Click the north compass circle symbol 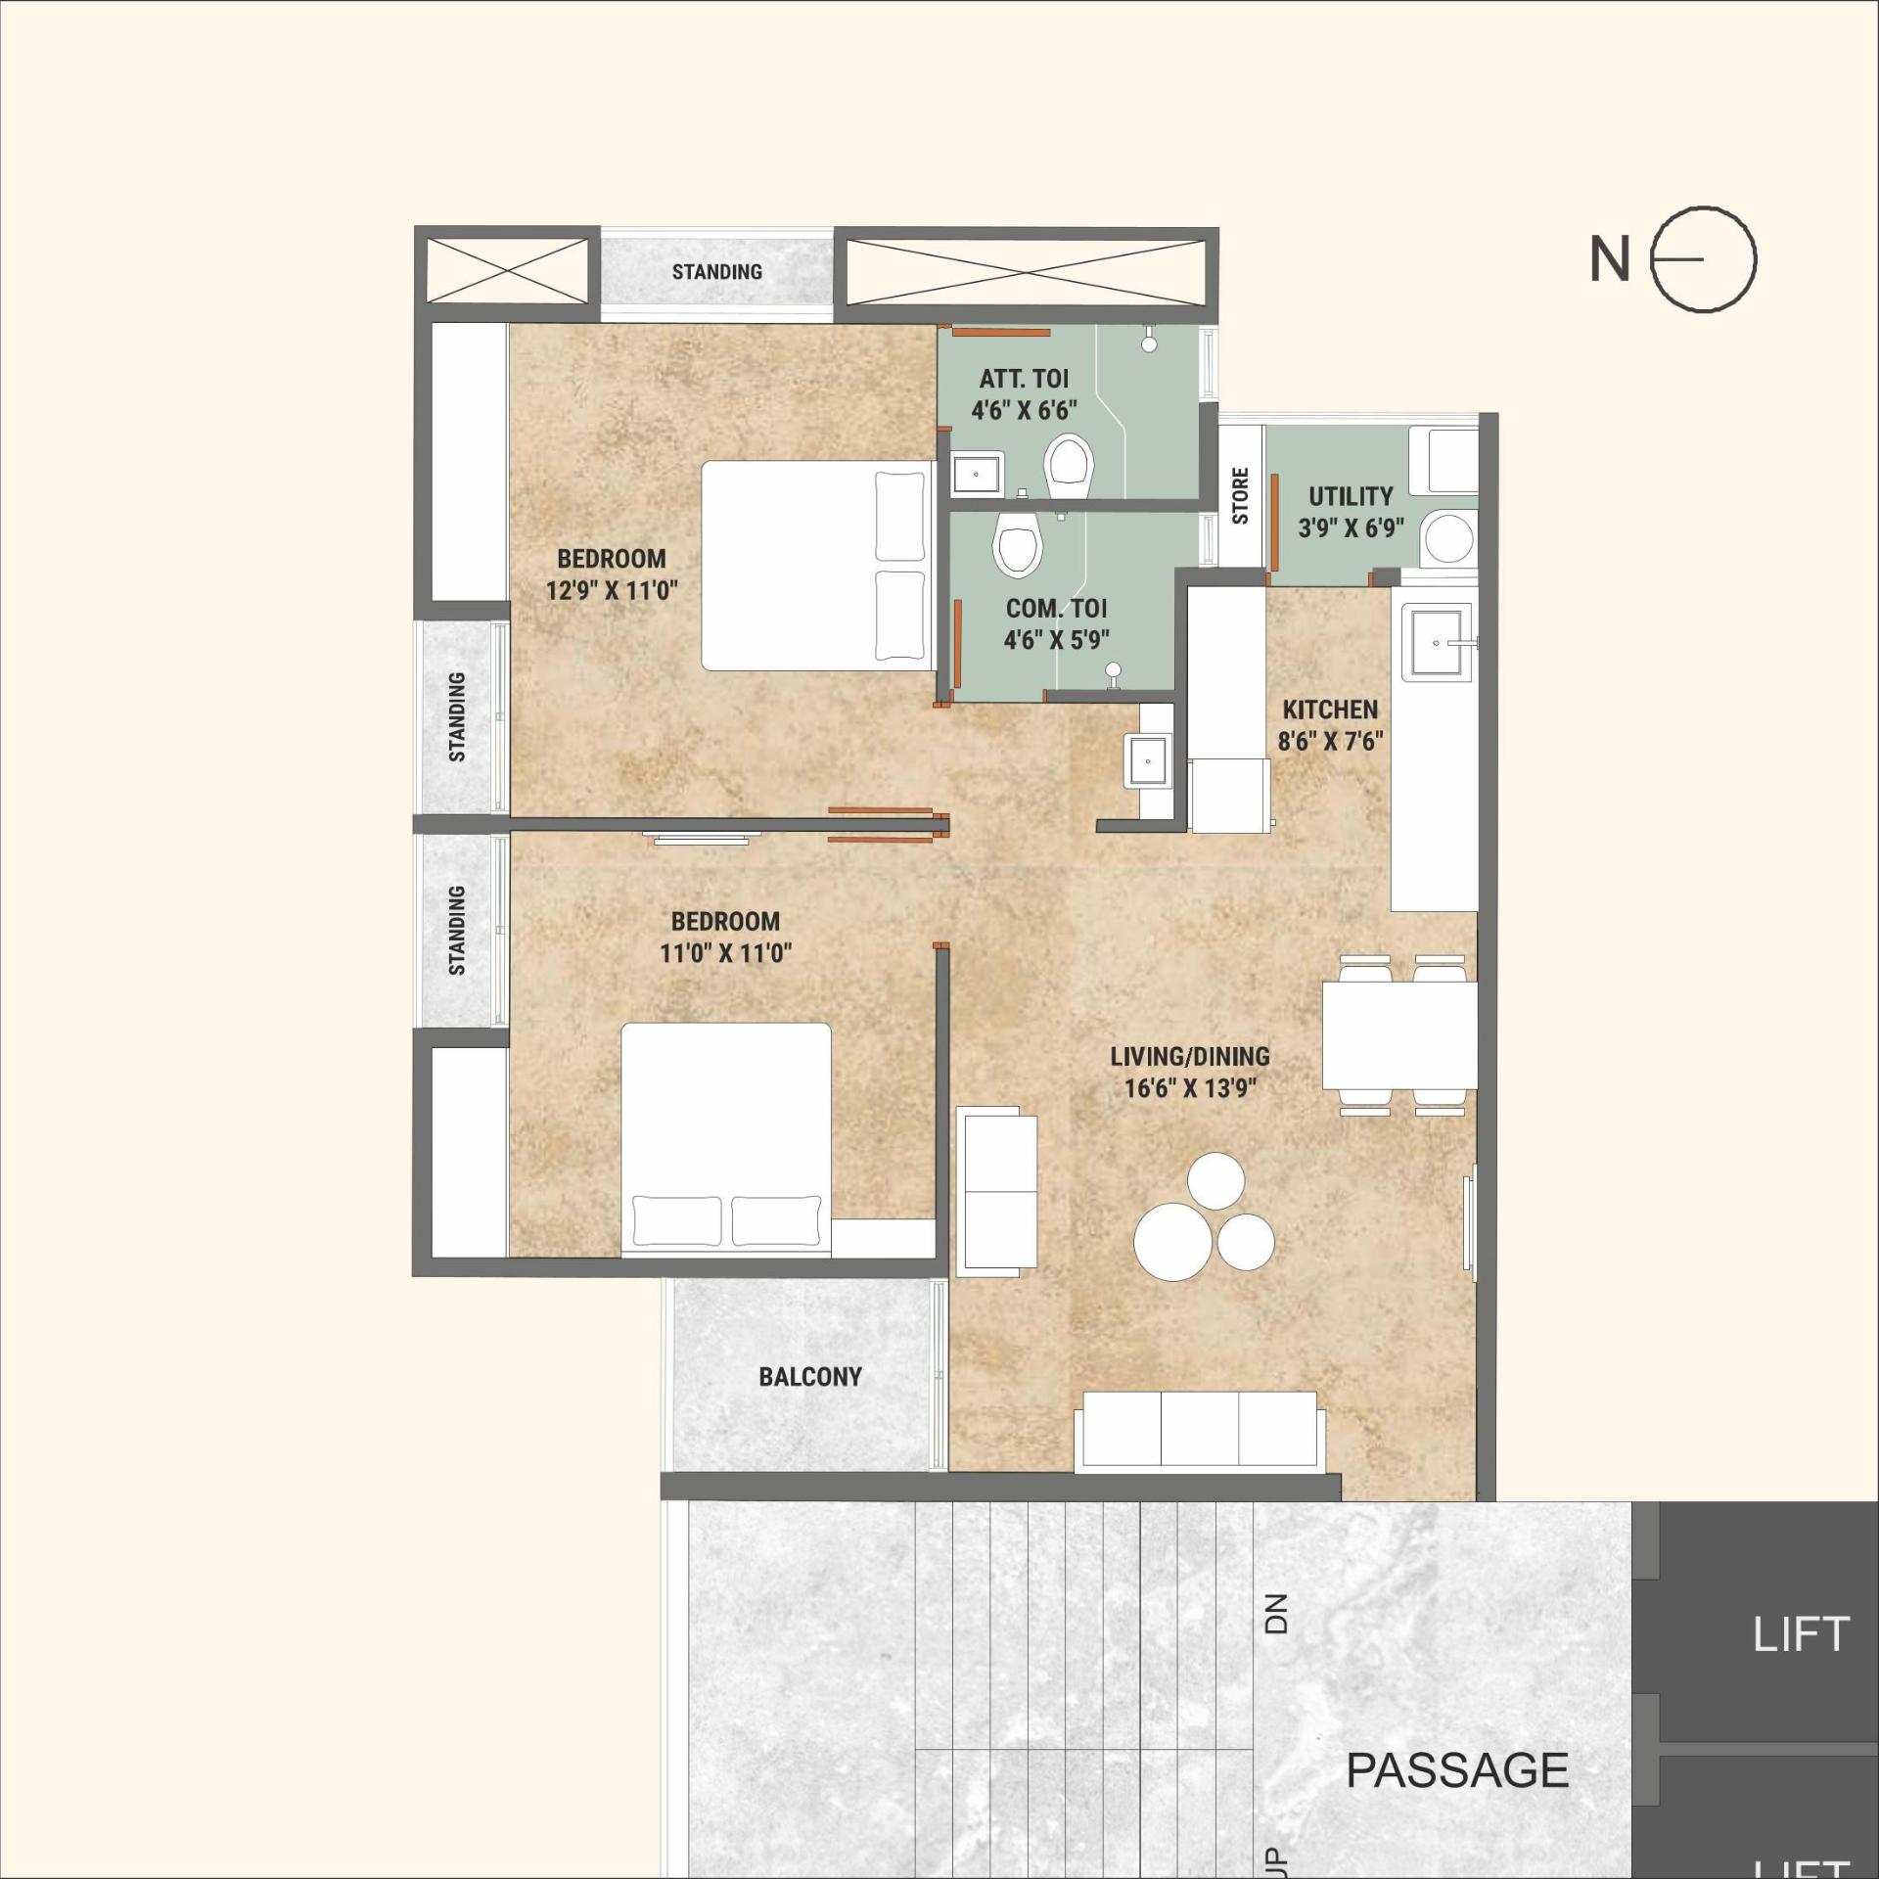tap(1704, 259)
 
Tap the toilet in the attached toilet tap(1068, 467)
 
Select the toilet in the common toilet tap(1017, 545)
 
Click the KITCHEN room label tap(1330, 710)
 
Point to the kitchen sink tap(1436, 642)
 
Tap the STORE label tap(1240, 495)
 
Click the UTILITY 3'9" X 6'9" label tap(1351, 512)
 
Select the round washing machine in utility tap(1447, 540)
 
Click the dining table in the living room tap(1398, 1034)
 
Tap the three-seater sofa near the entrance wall tap(1200, 1430)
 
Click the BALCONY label tap(810, 1377)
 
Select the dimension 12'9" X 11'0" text tap(612, 590)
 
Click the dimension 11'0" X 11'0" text tap(725, 952)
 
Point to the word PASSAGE tap(1456, 1769)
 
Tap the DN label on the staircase tap(1276, 1614)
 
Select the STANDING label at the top tap(716, 272)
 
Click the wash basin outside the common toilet tap(1146, 759)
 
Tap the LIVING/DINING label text tap(1189, 1056)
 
